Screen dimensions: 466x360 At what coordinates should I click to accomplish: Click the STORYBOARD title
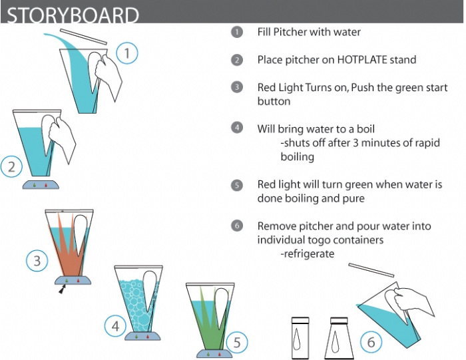(73, 15)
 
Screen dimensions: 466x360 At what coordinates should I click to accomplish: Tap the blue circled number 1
(127, 53)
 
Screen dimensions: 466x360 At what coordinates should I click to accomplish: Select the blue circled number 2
(11, 166)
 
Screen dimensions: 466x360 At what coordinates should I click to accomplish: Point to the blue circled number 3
(37, 261)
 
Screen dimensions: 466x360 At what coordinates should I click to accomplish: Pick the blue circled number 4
(115, 326)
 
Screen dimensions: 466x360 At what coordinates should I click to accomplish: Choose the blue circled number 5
(237, 342)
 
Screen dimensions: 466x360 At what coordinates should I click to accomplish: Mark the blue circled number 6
(371, 342)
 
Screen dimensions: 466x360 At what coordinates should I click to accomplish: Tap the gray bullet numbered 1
(237, 32)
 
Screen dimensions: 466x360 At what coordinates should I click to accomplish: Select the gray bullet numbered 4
(237, 128)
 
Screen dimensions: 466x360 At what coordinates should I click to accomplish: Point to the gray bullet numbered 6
(237, 226)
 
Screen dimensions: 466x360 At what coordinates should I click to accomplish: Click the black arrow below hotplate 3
(61, 289)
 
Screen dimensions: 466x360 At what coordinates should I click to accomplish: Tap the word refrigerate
(310, 254)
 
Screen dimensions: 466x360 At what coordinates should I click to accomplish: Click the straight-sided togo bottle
(300, 338)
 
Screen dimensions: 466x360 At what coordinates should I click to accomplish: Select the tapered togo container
(339, 338)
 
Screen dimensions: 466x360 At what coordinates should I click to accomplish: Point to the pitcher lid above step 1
(83, 37)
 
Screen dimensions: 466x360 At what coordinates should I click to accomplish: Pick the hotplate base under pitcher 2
(41, 184)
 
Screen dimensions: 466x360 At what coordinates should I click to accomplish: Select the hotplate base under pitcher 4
(142, 336)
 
